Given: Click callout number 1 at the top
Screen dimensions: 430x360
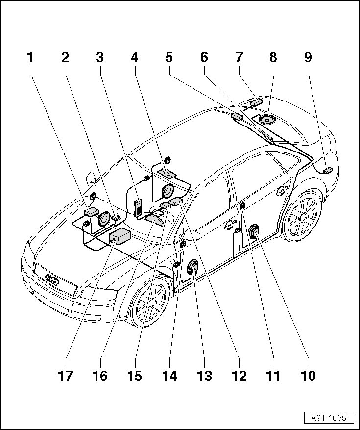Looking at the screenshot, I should pyautogui.click(x=30, y=58).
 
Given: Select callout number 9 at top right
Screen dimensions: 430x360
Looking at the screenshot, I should pyautogui.click(x=308, y=58).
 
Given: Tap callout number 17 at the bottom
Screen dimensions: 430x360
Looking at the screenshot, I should pyautogui.click(x=65, y=376).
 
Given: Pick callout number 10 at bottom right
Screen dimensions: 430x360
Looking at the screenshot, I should pyautogui.click(x=308, y=376).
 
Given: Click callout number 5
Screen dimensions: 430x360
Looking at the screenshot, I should pyautogui.click(x=169, y=58).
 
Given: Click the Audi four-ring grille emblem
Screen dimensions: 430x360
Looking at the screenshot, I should pyautogui.click(x=52, y=280).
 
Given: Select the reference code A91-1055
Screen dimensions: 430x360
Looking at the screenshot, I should pyautogui.click(x=329, y=418).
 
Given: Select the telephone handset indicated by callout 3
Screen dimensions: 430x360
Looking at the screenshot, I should pyautogui.click(x=139, y=205).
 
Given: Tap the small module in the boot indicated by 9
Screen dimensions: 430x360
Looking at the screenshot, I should pyautogui.click(x=327, y=170).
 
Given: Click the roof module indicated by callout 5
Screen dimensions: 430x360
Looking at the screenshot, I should pyautogui.click(x=237, y=116).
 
